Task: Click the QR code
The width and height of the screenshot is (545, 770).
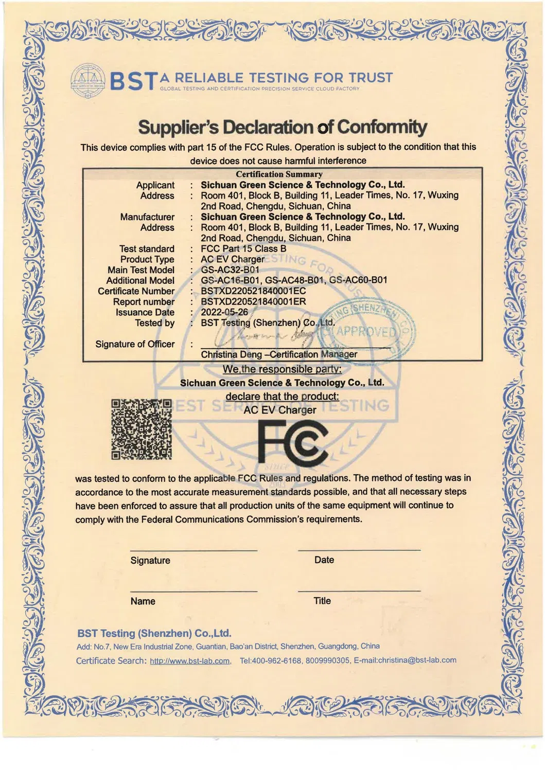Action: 142,429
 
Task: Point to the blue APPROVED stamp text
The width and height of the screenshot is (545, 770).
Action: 366,331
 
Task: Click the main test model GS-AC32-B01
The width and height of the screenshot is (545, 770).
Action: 230,270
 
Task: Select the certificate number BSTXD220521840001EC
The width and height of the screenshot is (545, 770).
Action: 253,291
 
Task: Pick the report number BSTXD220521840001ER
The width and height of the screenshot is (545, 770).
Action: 253,301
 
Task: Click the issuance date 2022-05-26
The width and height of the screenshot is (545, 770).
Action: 224,312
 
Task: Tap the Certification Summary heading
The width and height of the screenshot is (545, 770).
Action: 279,174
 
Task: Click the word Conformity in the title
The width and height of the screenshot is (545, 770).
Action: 382,127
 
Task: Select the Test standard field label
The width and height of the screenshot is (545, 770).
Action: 147,249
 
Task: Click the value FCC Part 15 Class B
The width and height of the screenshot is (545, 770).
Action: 243,248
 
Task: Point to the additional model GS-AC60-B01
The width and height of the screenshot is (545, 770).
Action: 358,280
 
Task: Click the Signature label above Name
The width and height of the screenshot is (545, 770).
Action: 150,560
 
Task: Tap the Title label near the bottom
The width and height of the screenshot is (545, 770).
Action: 322,601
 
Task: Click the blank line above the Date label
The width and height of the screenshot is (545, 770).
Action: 359,550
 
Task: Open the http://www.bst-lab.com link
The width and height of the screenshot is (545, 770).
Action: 189,661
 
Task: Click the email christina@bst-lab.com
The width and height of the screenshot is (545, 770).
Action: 417,660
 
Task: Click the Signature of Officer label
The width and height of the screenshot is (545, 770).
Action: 135,344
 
